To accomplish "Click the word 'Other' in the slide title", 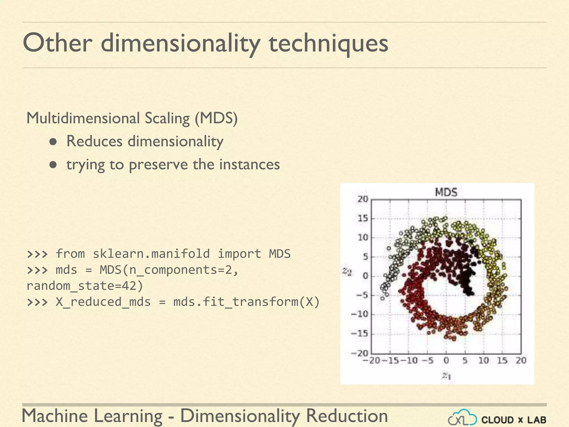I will point(57,43).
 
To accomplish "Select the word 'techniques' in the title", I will point(328,44).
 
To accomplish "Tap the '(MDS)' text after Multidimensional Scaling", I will point(216,118).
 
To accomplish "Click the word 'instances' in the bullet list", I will point(249,164).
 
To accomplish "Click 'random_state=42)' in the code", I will point(85,286).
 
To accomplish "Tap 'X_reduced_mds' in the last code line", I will point(103,302).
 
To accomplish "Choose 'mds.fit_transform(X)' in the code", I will point(246,302).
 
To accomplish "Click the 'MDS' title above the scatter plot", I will point(446,192).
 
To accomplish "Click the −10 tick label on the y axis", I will point(360,314).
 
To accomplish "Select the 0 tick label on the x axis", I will point(446,361).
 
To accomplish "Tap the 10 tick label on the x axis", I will point(483,361).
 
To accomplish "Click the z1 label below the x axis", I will point(446,376).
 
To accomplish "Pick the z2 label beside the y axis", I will point(347,272).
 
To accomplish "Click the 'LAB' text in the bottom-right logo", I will point(537,420).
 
